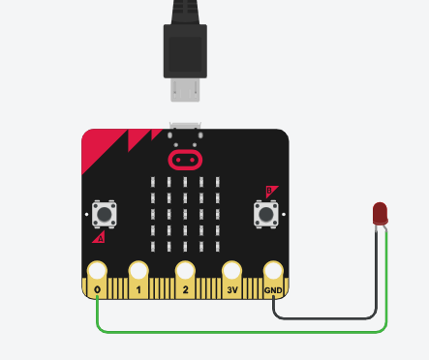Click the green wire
click(x=242, y=330)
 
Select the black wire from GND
click(x=329, y=316)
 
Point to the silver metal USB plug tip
click(x=184, y=89)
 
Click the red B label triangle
click(x=272, y=191)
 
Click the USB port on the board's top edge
click(x=184, y=127)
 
